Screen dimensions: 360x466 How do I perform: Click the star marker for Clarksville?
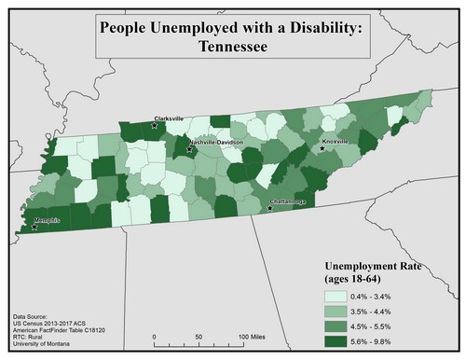coord(155,125)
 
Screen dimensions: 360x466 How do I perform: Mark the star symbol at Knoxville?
coord(322,148)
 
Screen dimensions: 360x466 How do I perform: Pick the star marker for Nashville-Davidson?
coord(189,148)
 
